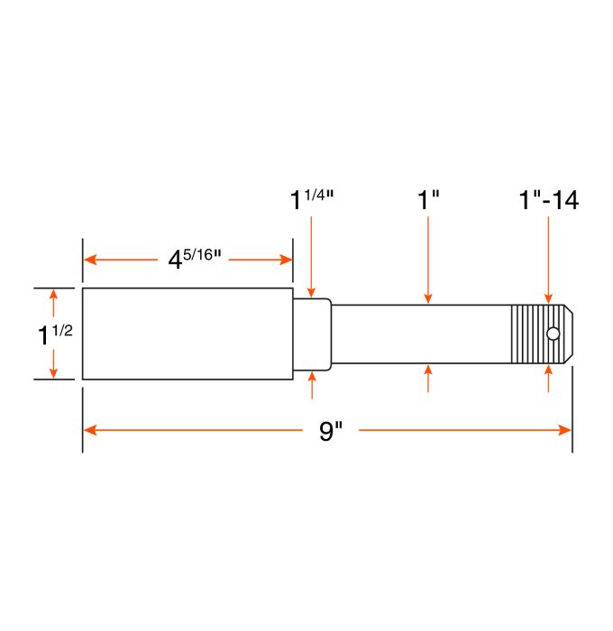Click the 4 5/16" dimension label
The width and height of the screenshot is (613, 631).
click(x=193, y=259)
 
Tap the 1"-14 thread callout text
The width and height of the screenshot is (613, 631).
click(x=548, y=199)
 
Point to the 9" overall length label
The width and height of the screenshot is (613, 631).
click(x=331, y=431)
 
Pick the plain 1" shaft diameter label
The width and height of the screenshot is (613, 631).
click(x=428, y=199)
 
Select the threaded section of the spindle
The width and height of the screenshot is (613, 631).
click(x=532, y=334)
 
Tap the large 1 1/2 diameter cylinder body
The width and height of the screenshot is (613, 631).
click(x=188, y=334)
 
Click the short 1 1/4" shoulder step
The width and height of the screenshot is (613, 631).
click(x=312, y=334)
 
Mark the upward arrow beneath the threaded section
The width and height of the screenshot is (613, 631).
click(x=549, y=373)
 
